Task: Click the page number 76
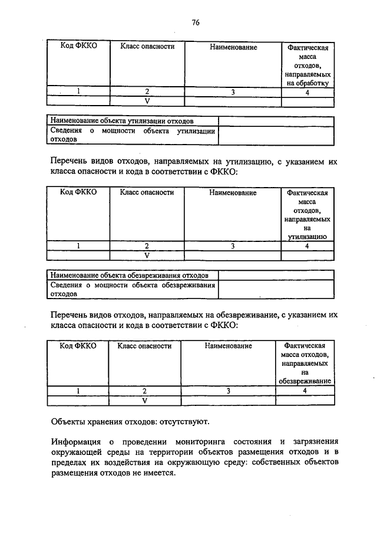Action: pos(196,22)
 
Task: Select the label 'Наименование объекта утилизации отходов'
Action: pos(121,120)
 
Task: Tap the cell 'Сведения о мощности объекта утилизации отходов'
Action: pos(132,135)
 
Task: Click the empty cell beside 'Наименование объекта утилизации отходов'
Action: pos(276,120)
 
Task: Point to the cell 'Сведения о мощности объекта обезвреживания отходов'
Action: pos(132,289)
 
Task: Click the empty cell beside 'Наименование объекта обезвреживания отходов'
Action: pos(276,275)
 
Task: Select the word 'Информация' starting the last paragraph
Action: pos(72,441)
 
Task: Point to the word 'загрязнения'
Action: pos(314,441)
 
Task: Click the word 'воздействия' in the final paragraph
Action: pos(131,463)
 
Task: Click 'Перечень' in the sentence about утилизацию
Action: pos(70,160)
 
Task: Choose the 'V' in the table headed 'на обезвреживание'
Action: pos(144,400)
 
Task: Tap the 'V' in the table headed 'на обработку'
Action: pos(147,101)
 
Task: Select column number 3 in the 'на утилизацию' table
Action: pos(233,245)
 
